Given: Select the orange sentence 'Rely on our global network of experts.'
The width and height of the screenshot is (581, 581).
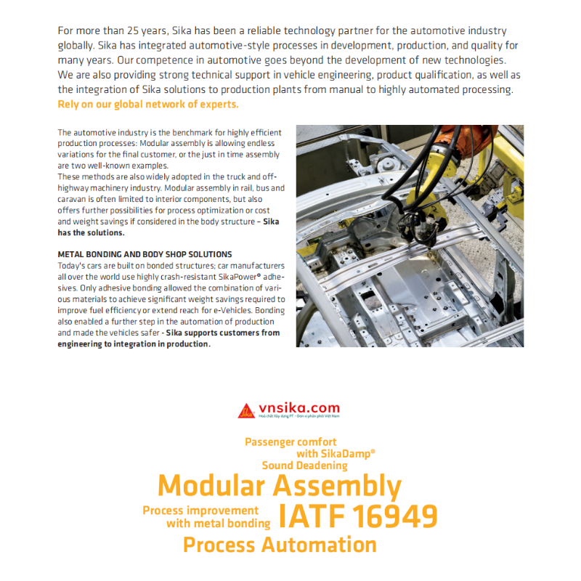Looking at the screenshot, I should click(147, 105).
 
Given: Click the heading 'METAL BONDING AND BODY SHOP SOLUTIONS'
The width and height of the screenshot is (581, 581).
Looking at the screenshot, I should click(145, 254).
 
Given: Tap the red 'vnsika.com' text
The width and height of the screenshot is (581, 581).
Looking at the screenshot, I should click(298, 409).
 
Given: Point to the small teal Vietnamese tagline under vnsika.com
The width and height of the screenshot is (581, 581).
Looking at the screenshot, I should click(298, 416).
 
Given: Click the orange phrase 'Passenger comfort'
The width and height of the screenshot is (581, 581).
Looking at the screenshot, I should click(290, 442).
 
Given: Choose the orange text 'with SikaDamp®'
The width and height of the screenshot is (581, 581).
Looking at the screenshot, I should click(336, 453).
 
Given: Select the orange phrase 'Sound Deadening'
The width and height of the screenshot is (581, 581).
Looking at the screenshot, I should click(304, 466).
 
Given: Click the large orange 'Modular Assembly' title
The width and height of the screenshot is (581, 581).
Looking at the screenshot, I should click(280, 486).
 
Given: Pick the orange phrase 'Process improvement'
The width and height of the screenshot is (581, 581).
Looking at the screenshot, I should click(200, 511).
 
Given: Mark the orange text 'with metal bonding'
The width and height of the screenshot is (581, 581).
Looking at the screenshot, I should click(218, 523).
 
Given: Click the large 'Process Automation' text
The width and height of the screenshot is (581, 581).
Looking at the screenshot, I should click(280, 545).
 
